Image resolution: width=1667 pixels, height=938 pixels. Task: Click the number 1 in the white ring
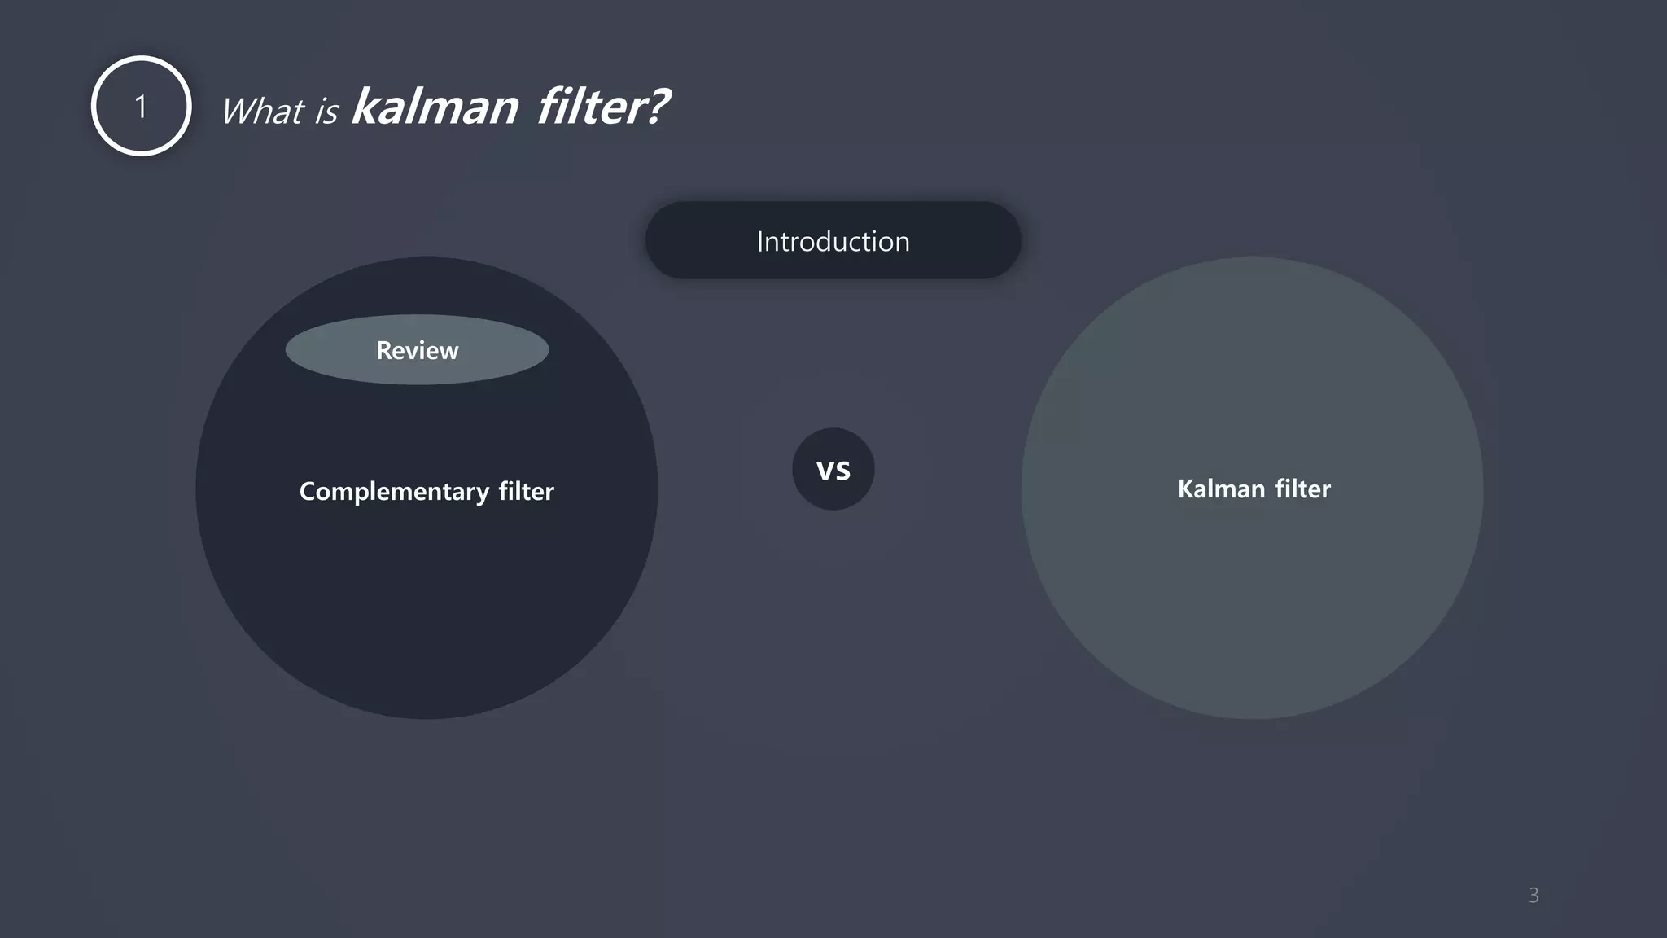click(x=141, y=107)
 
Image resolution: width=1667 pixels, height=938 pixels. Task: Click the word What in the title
click(x=262, y=112)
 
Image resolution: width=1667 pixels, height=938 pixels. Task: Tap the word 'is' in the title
click(x=326, y=112)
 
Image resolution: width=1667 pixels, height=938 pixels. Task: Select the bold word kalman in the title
click(x=435, y=107)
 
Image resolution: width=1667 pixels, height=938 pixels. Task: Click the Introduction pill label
click(x=833, y=241)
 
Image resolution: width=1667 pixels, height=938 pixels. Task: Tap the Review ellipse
click(x=417, y=350)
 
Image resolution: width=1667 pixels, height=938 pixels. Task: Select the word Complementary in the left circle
click(x=394, y=492)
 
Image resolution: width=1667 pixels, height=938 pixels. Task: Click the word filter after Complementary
click(x=526, y=491)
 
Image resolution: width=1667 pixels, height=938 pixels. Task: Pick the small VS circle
click(x=833, y=470)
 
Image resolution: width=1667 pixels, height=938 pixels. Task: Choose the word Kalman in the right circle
click(x=1221, y=489)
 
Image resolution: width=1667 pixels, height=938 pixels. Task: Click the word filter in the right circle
click(x=1302, y=489)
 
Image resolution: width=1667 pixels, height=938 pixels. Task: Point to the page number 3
click(x=1534, y=896)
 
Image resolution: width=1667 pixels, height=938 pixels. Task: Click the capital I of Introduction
click(x=760, y=241)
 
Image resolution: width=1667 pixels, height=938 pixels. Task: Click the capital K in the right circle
click(x=1185, y=489)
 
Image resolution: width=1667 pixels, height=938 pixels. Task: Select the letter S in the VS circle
click(x=842, y=471)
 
